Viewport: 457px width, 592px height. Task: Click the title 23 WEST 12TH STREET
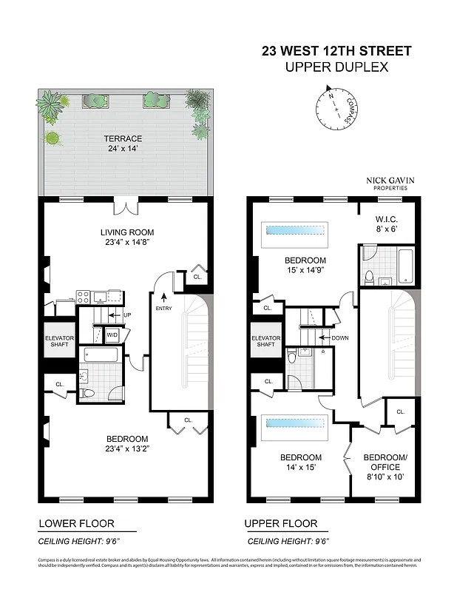pyautogui.click(x=336, y=52)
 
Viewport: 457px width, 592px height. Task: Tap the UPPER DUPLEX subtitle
pyautogui.click(x=336, y=67)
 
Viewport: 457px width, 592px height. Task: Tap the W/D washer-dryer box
pyautogui.click(x=113, y=335)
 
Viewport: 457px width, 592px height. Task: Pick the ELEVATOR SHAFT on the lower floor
pyautogui.click(x=58, y=340)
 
